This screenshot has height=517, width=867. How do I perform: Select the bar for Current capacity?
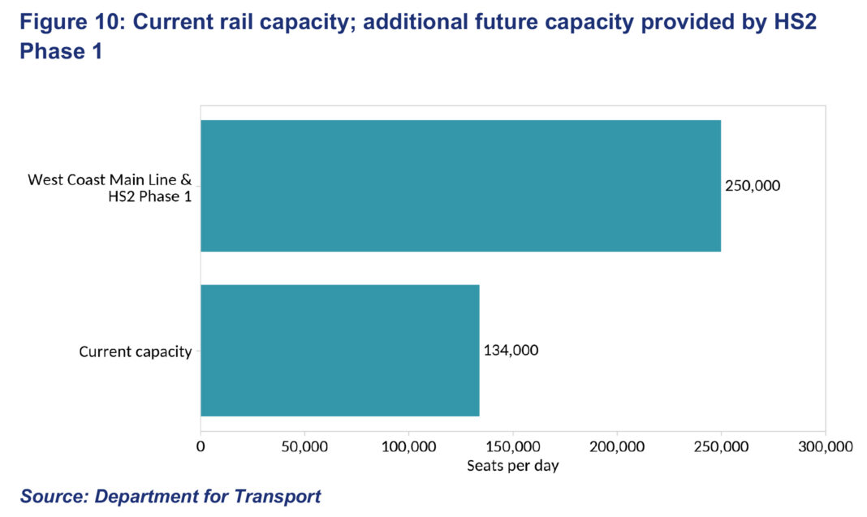339,350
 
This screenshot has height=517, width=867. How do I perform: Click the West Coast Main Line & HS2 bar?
460,186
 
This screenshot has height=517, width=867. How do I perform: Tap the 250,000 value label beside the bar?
753,186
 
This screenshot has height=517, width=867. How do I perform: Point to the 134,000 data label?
511,351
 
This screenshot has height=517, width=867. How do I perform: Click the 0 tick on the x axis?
201,446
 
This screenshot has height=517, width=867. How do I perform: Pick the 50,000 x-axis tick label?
304,446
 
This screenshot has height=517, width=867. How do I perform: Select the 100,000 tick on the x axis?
408,446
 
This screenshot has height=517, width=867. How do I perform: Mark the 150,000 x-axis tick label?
513,446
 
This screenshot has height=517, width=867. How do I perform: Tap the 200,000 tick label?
617,446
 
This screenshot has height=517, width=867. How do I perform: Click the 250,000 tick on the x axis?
721,446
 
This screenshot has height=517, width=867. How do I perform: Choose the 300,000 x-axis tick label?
825,446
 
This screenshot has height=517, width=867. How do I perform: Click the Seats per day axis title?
513,466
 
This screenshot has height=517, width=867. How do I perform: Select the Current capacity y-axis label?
136,351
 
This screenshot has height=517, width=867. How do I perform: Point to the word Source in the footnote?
53,496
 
